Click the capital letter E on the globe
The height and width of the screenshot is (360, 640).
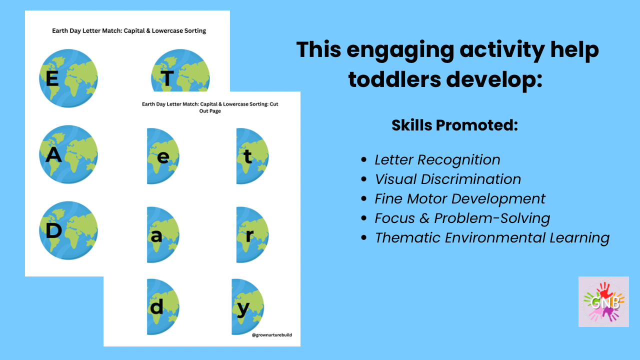(x=52, y=78)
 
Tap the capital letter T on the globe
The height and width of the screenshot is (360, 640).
(x=167, y=78)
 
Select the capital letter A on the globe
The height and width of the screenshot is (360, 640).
(x=53, y=155)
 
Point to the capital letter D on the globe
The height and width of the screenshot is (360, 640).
(x=53, y=230)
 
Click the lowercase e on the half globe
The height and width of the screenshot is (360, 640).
(x=163, y=157)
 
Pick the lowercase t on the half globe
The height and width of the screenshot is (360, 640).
(x=247, y=156)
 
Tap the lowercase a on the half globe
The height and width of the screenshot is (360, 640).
(x=156, y=236)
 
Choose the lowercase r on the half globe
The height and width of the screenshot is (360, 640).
(x=249, y=235)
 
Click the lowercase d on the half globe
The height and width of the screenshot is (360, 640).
(x=156, y=306)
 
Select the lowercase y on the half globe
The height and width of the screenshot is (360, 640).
(x=243, y=309)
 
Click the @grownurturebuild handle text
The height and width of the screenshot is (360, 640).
(x=271, y=335)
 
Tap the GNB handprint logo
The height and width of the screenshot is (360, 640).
(x=603, y=301)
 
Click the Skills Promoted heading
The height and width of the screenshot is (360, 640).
(x=455, y=125)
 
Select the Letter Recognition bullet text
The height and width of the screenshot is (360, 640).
(x=437, y=159)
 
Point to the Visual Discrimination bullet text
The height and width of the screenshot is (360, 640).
(x=447, y=179)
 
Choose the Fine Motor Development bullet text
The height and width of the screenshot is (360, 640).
(x=460, y=199)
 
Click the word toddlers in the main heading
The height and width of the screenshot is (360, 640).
(x=394, y=79)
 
